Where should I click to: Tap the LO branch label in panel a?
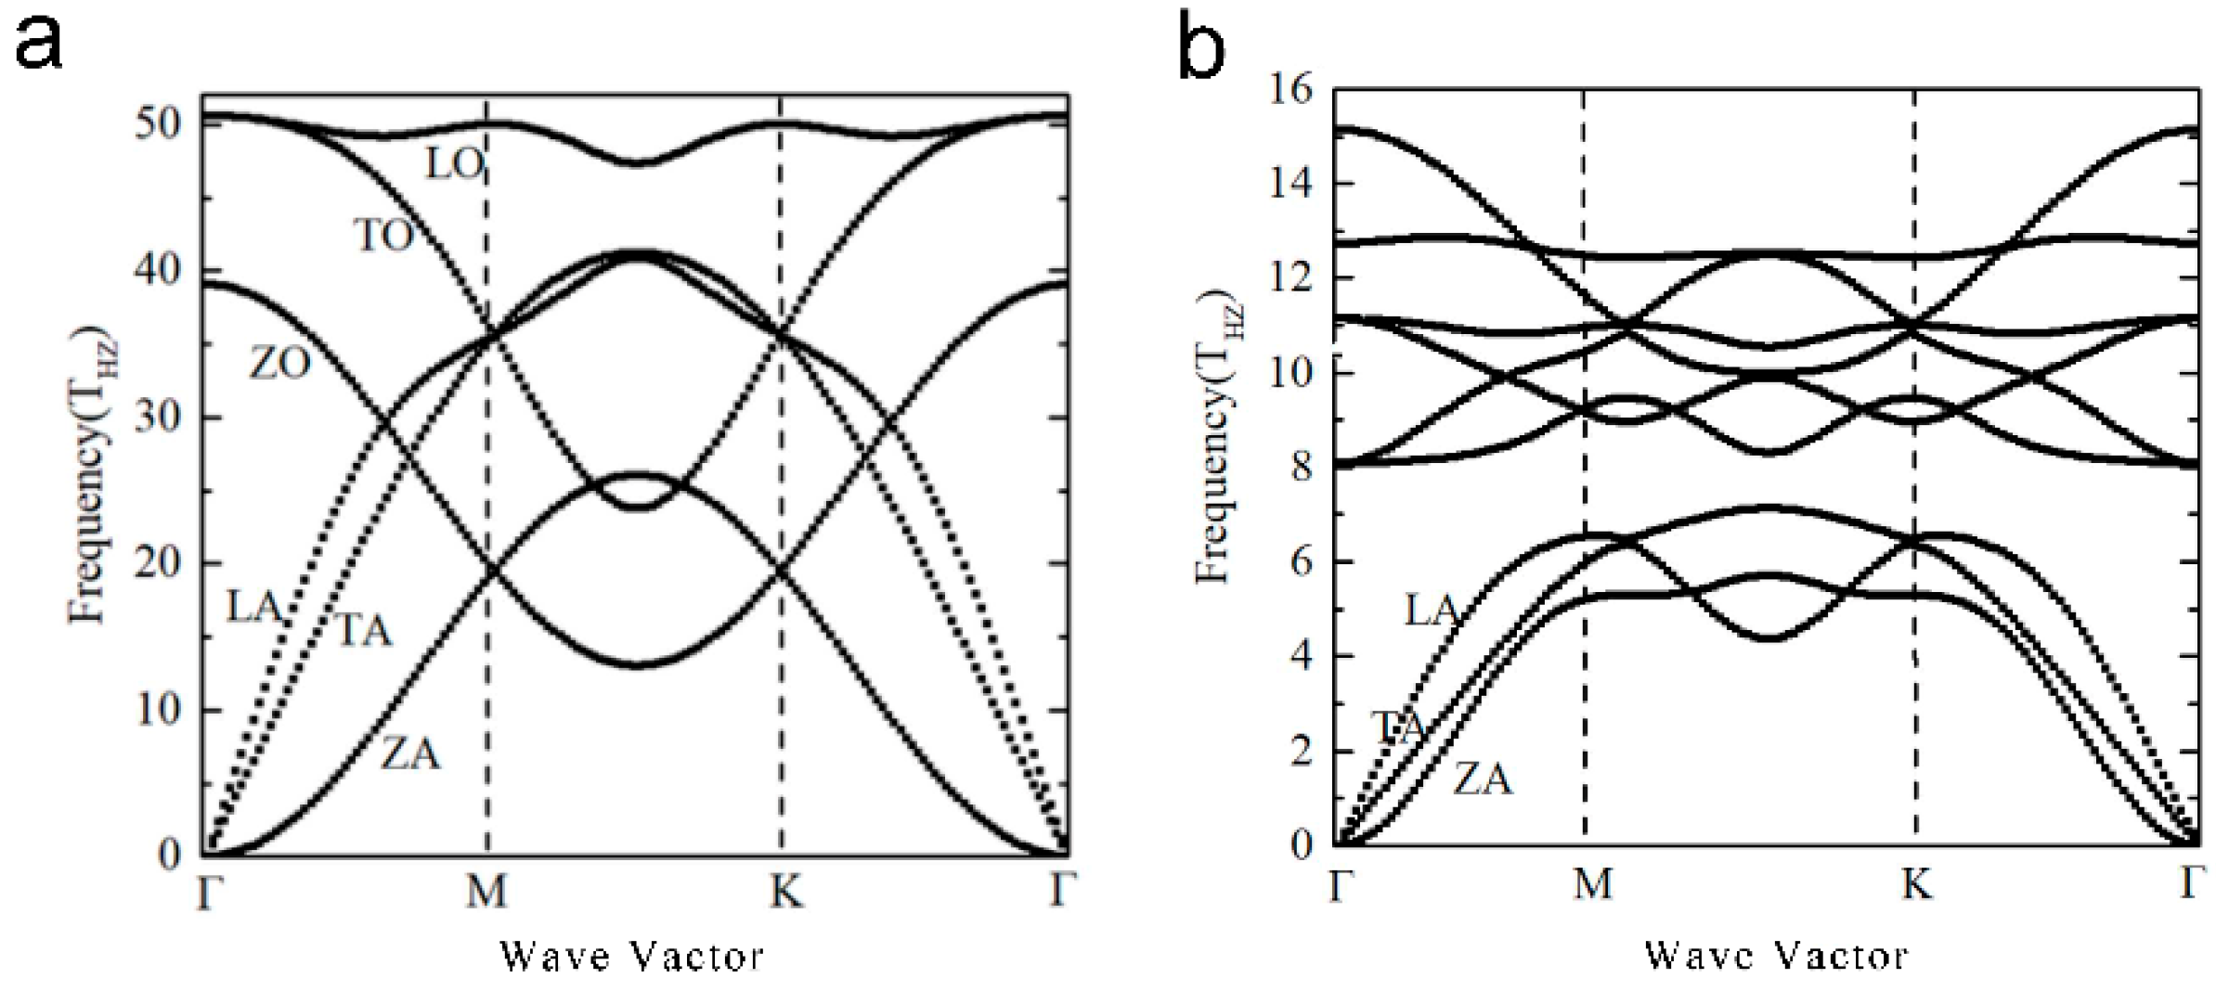tap(454, 164)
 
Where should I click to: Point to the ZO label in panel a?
tap(279, 363)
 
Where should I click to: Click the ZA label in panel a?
tap(410, 753)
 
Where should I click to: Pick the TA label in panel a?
tap(363, 631)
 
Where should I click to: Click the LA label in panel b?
tap(1431, 610)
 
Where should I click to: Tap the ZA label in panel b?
tap(1482, 779)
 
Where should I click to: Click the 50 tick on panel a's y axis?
tap(157, 122)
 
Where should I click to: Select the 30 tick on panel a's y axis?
tap(157, 417)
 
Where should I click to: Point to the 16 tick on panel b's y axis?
tap(1291, 90)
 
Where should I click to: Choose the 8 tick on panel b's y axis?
tap(1302, 467)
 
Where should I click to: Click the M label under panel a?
tap(486, 892)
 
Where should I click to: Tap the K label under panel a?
tap(784, 892)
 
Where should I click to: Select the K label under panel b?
tap(1916, 884)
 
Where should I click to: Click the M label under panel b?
tap(1592, 884)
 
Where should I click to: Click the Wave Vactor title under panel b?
tap(1776, 955)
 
